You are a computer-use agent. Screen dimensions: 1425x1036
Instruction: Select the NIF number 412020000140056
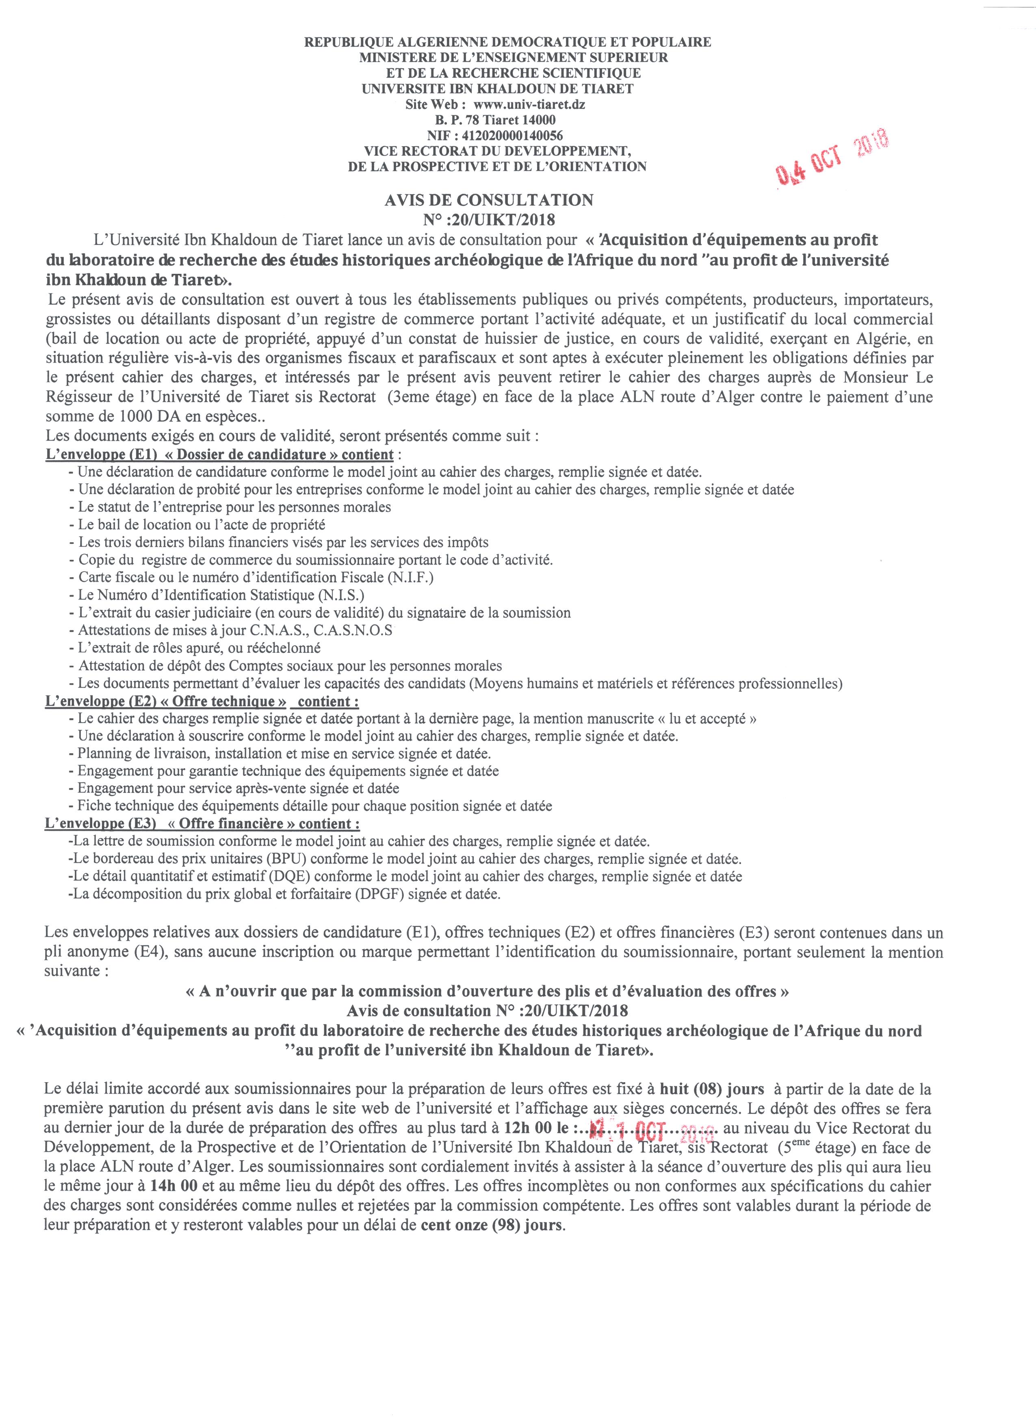point(512,135)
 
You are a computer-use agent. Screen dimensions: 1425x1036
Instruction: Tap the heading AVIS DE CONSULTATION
point(488,200)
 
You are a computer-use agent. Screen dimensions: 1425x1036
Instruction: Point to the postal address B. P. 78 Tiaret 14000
point(495,119)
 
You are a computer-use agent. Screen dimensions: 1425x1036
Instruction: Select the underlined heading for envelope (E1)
point(220,454)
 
